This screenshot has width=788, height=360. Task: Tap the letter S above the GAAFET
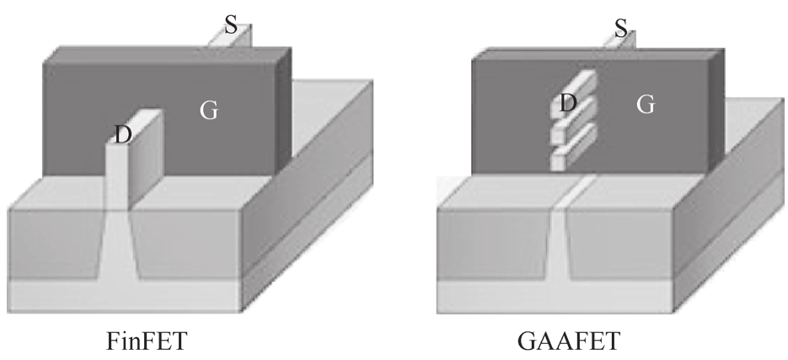coord(621,28)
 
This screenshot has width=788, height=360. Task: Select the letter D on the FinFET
coord(122,132)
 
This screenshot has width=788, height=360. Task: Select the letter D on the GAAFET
coord(568,104)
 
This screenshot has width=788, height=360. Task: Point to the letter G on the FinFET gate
coord(209,110)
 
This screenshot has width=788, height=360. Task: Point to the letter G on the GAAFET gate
coord(646,105)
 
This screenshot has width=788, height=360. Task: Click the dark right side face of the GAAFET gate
coord(717,110)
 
